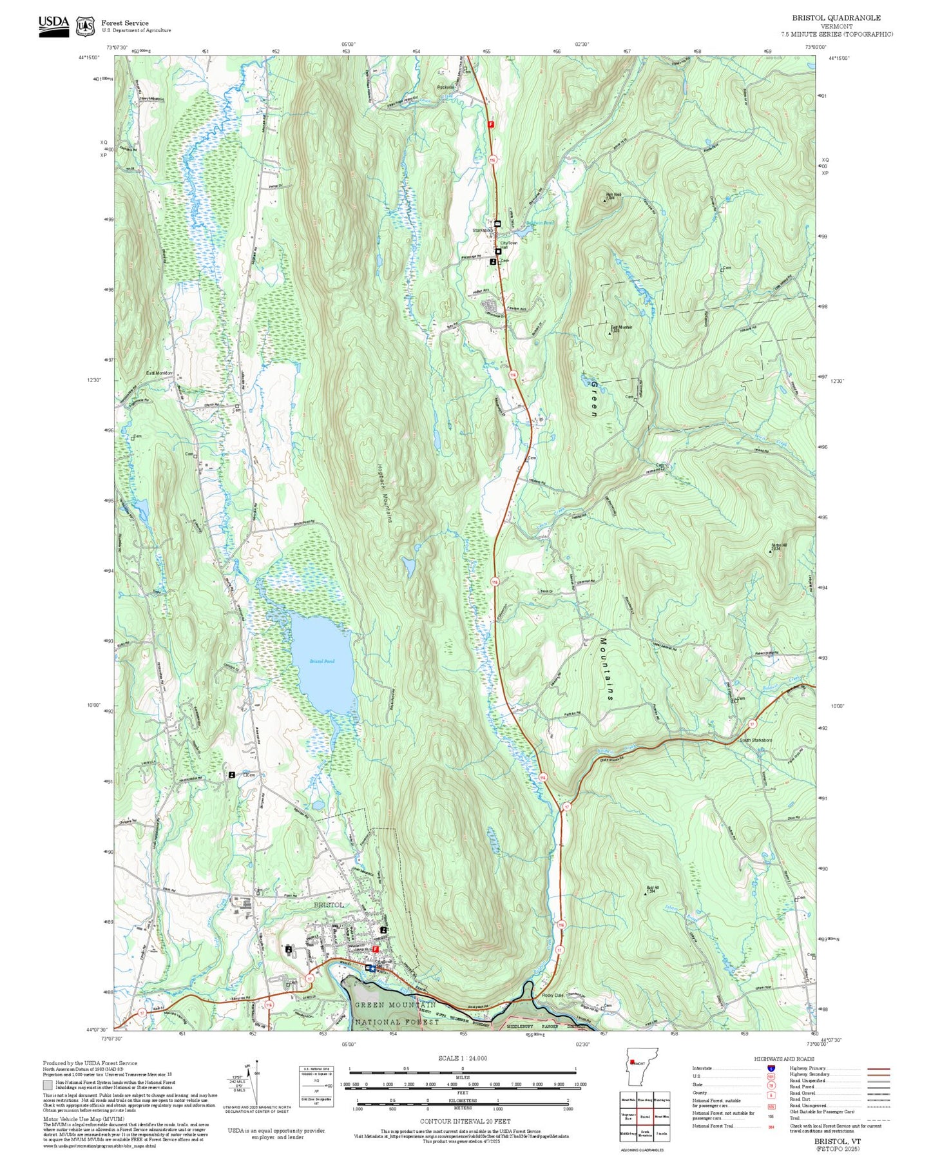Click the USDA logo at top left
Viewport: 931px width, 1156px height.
pos(53,26)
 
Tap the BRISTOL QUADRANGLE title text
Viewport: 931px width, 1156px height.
pos(836,17)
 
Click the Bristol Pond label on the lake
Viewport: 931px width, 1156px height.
pos(322,662)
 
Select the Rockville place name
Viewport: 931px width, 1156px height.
pos(445,87)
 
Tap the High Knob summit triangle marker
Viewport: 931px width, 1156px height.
pos(604,201)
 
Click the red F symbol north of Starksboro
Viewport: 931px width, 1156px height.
pos(491,124)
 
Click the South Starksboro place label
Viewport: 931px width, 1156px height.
pos(756,740)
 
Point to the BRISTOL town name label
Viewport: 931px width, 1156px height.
pos(329,905)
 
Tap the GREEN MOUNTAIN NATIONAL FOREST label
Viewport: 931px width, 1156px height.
pos(396,1013)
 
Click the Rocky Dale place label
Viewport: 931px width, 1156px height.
pos(552,996)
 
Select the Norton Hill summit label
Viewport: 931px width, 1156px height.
pos(779,547)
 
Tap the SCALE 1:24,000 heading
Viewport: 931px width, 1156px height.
pos(463,1058)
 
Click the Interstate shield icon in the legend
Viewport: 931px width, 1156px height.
pos(771,1068)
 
